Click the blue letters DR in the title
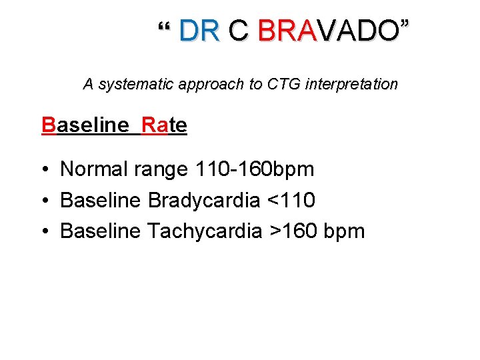pos(199,31)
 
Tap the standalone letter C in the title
pos(238,31)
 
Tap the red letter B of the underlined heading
pos(48,125)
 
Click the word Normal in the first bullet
pos(94,169)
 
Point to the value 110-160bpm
pos(254,169)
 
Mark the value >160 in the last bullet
pos(293,231)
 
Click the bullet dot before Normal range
pos(43,170)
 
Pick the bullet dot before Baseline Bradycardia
pos(43,201)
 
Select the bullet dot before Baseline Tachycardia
pos(43,232)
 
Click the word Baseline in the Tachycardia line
pos(100,231)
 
